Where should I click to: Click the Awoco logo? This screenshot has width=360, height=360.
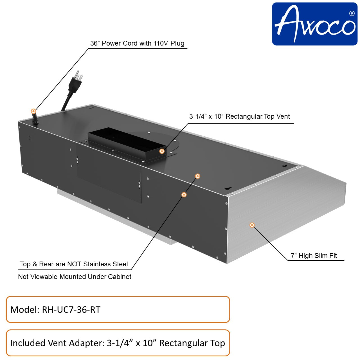314,24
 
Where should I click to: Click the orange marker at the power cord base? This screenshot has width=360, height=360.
33,111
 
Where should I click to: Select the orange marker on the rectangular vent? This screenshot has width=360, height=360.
162,151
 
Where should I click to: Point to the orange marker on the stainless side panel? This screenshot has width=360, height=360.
252,225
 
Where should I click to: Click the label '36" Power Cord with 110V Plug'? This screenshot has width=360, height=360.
137,43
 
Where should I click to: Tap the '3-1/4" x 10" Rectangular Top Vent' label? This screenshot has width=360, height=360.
239,116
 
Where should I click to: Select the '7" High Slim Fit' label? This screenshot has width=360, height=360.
314,256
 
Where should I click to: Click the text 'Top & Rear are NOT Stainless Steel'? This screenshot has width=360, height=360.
74,264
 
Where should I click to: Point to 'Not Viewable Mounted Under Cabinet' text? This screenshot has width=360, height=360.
75,277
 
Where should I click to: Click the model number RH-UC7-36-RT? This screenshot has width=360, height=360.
71,310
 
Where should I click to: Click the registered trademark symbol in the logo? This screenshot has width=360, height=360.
352,13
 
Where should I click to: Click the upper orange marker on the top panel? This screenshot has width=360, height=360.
198,176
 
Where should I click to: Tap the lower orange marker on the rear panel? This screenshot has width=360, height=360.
184,195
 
